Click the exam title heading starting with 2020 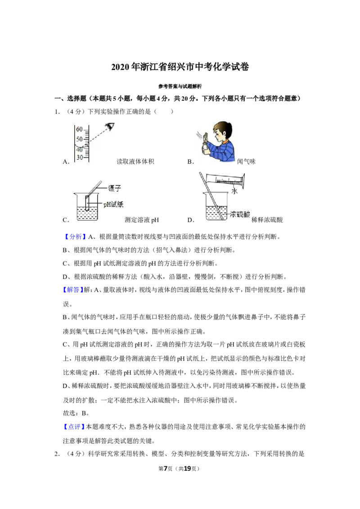click(180, 67)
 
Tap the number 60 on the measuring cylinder click(79, 129)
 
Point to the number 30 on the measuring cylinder click(80, 157)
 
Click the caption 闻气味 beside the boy click(246, 162)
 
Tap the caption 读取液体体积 click(135, 162)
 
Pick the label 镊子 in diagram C click(114, 188)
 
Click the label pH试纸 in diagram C click(113, 204)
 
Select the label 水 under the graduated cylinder click(234, 191)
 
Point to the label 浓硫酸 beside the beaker click(240, 214)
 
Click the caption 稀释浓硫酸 click(267, 220)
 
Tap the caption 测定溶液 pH click(142, 220)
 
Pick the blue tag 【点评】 click(73, 427)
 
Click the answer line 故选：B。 click(76, 413)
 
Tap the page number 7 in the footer click(166, 469)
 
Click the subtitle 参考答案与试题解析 click(180, 86)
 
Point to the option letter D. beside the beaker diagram click(191, 220)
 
